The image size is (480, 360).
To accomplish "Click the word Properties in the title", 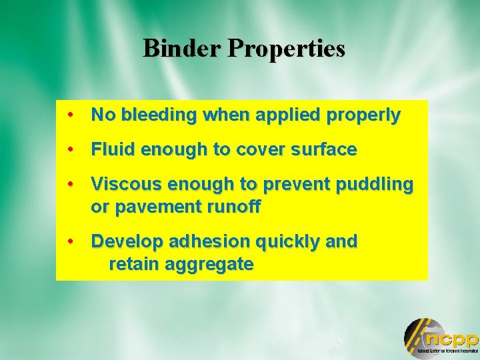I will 287,49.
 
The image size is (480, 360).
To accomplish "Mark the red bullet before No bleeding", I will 70,115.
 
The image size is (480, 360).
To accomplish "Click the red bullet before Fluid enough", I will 70,149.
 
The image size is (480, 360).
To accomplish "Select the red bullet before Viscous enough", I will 70,183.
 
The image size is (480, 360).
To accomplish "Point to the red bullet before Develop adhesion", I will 70,241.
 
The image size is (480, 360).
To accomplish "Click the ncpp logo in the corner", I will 441,338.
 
